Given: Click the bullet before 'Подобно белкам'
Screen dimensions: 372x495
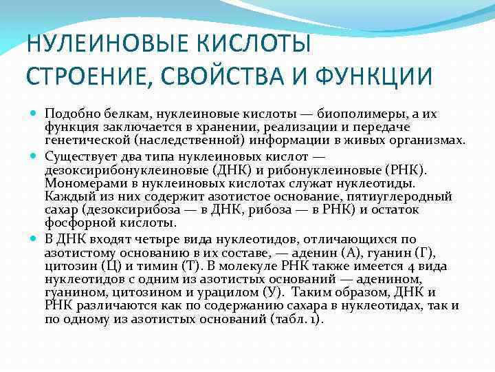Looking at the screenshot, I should pyautogui.click(x=34, y=113).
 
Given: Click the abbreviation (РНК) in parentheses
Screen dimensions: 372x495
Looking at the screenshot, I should pyautogui.click(x=411, y=169).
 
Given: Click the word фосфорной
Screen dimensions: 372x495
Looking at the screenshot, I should pyautogui.click(x=74, y=223).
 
